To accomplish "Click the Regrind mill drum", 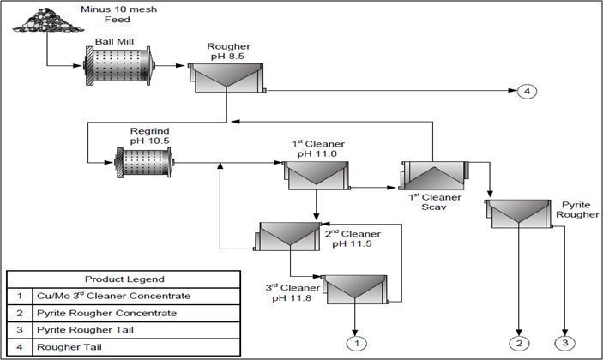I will pyautogui.click(x=143, y=160).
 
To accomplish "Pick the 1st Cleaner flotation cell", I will pyautogui.click(x=317, y=175).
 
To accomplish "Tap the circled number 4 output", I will pyautogui.click(x=528, y=92).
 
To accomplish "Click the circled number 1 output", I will pyautogui.click(x=354, y=343).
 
